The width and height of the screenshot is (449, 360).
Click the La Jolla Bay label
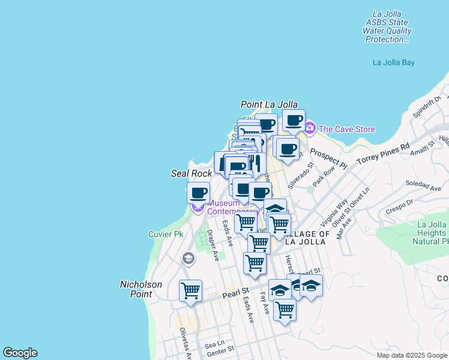tap(393, 62)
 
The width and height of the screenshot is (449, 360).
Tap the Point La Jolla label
tap(269, 104)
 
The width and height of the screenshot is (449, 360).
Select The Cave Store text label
tap(347, 129)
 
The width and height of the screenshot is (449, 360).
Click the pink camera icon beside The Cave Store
tap(310, 128)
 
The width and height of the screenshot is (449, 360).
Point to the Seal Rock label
tap(191, 173)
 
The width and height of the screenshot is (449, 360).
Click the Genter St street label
tap(219, 353)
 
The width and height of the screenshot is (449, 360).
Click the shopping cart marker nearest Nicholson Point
tap(190, 291)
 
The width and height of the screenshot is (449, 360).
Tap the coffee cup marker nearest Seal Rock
tap(198, 193)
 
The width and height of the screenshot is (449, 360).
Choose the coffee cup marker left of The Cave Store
tap(294, 121)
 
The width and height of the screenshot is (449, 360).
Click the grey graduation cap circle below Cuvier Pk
tap(188, 258)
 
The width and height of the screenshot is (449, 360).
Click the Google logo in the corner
tap(20, 353)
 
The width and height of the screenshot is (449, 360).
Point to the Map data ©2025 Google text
tap(411, 355)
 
